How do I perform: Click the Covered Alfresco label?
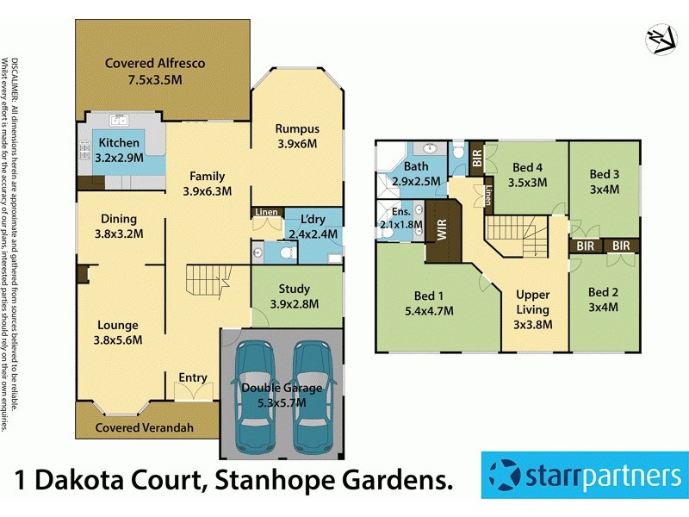point(144,72)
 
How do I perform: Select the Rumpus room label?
point(297,136)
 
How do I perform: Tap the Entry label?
point(192,377)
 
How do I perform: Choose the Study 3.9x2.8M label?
point(295,296)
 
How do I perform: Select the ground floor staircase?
point(209,281)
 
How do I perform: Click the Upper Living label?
point(531,309)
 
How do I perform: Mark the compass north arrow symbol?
point(659,39)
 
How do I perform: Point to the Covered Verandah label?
point(144,427)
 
